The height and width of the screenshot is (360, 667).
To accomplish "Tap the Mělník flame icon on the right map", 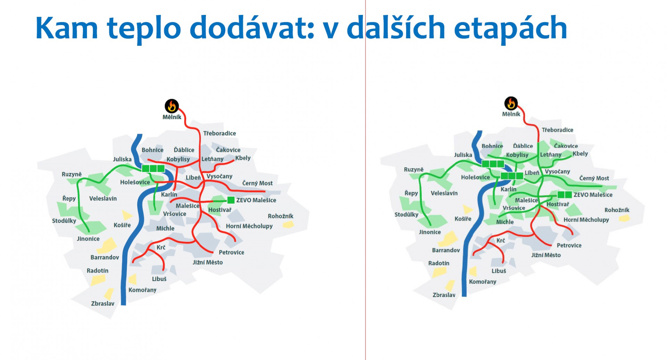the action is pos(511,103).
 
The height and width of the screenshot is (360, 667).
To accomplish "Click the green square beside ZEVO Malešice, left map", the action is pos(231,200).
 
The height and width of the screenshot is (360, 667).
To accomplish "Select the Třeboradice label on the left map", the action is pos(220,133).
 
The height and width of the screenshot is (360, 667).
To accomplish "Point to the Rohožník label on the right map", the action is pos(617,210).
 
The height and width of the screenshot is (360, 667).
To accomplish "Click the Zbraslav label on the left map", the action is pos(102,303).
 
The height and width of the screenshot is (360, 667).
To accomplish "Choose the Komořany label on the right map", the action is pos(483,281).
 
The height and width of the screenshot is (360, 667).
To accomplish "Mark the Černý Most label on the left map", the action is pos(257,183).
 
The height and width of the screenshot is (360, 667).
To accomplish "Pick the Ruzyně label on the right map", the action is pos(414,170).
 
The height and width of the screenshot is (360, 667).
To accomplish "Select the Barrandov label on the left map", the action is pos(105,257).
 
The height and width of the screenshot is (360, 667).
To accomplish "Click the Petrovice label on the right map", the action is pos(569,245).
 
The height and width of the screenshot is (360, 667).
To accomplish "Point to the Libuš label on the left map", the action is pos(159,279).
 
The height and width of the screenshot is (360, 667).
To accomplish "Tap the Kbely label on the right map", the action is pos(580,154).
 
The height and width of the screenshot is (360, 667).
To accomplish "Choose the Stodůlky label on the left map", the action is pos(64,221).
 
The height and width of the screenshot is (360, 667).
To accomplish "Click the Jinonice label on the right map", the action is pos(430,232).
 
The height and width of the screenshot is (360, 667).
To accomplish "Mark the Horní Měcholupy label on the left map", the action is pos(249,226).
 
